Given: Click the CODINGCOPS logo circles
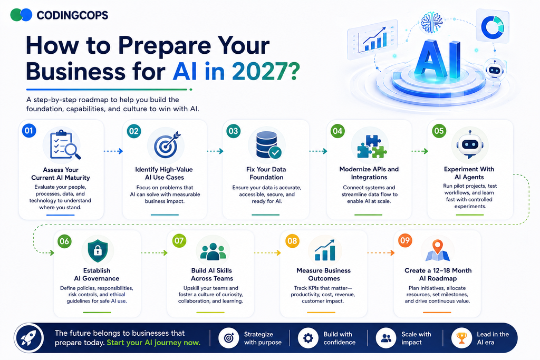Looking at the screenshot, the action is (21, 15).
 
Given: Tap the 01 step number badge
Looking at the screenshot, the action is (29, 131).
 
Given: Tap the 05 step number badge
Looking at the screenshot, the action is (439, 131).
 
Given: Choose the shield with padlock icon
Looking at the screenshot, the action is (98, 251).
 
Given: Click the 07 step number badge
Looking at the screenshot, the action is (179, 240).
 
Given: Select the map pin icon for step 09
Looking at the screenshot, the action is (437, 250).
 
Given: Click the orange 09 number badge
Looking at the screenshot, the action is (405, 240).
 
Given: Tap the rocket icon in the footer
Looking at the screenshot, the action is (29, 338).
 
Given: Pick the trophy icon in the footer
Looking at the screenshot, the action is (461, 338).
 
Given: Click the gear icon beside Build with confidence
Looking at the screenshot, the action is (308, 338).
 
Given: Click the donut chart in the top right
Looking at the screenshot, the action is (493, 26).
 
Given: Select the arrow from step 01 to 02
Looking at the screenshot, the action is (113, 151).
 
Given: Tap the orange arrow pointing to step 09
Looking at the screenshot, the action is (381, 253).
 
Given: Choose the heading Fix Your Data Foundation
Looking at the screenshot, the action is (266, 173).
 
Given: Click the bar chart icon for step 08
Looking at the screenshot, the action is (324, 250).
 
